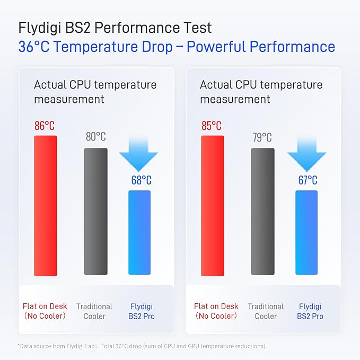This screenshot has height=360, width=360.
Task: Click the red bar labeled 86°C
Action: pyautogui.click(x=45, y=205)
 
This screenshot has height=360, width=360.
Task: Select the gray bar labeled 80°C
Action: pyautogui.click(x=95, y=211)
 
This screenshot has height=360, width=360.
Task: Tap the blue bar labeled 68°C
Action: pyautogui.click(x=139, y=232)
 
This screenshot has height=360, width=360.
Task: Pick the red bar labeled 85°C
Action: pyautogui.click(x=212, y=205)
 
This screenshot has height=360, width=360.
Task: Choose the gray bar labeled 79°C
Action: pyautogui.click(x=262, y=211)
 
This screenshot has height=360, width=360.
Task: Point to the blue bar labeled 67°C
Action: pyautogui.click(x=306, y=232)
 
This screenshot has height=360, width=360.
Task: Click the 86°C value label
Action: pyautogui.click(x=45, y=126)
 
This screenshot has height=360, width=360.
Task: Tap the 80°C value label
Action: pyautogui.click(x=95, y=137)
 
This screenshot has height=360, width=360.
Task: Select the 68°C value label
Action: pyautogui.click(x=141, y=180)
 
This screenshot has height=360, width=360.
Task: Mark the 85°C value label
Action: pyautogui.click(x=212, y=126)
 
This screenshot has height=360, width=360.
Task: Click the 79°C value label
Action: pyautogui.click(x=262, y=138)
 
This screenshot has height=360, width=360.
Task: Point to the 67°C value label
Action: pyautogui.click(x=308, y=180)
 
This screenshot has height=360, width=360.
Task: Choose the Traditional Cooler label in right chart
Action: pyautogui.click(x=266, y=311)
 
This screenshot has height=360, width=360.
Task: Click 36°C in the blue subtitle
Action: pyautogui.click(x=34, y=47)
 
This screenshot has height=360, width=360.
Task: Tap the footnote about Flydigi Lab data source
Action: pyautogui.click(x=142, y=346)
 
